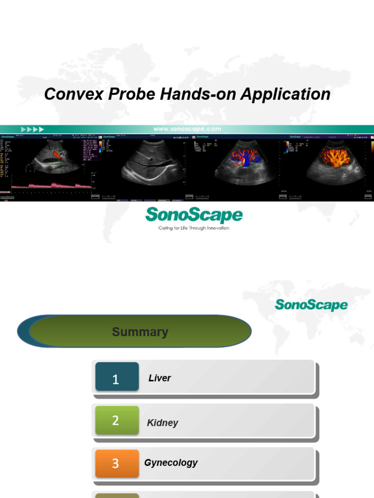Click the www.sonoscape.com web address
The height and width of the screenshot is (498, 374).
187,129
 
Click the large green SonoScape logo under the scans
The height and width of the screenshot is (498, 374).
194,215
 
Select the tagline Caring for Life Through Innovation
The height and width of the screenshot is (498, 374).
194,228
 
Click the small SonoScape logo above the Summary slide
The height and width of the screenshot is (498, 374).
311,305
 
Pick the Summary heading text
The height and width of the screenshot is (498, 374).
140,332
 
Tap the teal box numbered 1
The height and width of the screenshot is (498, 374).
117,377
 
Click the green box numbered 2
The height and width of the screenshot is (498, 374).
117,421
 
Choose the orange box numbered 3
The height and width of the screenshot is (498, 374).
117,463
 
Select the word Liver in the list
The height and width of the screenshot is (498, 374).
160,378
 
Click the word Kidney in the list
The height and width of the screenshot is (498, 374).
163,423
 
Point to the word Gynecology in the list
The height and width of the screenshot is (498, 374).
171,462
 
